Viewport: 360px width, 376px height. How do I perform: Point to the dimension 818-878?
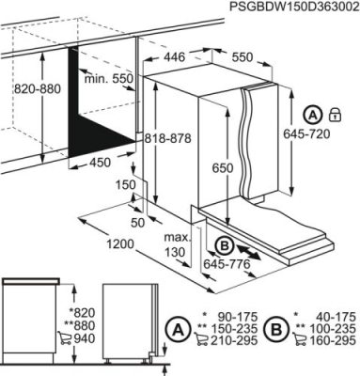(168, 138)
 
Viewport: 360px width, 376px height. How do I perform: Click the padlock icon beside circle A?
(335, 115)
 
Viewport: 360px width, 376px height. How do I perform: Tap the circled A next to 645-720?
(312, 115)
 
